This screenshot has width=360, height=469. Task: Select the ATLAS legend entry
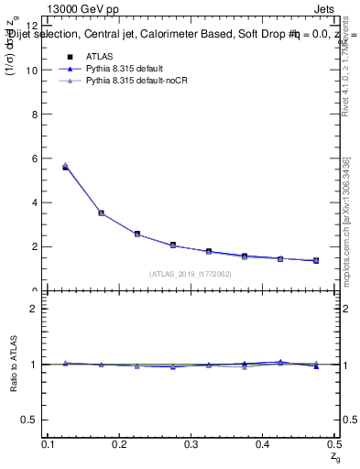click(x=99, y=56)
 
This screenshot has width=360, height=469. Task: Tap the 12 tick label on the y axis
click(x=35, y=26)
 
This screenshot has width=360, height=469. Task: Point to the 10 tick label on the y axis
click(x=35, y=70)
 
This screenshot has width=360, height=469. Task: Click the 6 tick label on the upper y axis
click(x=38, y=158)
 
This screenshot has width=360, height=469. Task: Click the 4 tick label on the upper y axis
click(x=38, y=202)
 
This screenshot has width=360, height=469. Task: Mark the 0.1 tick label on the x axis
click(x=49, y=444)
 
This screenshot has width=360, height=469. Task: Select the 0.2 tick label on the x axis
click(x=120, y=444)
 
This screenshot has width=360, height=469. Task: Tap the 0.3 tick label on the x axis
click(x=191, y=444)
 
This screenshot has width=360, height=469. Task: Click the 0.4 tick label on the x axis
click(x=263, y=444)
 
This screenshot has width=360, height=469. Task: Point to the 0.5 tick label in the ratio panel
click(x=35, y=420)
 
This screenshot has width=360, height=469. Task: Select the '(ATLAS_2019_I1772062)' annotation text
click(x=191, y=274)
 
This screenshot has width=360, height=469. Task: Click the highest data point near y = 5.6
click(x=65, y=167)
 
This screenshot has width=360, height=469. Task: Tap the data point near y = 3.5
click(x=101, y=213)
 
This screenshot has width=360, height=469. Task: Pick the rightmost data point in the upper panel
click(x=316, y=260)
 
